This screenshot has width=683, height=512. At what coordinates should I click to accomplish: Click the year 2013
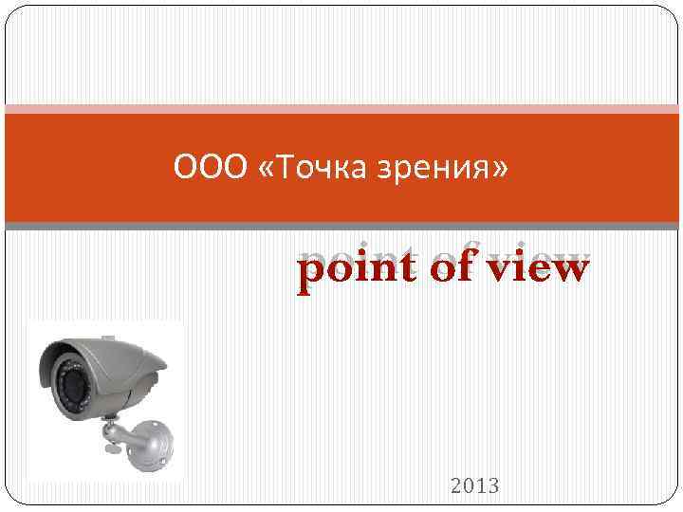475,486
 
